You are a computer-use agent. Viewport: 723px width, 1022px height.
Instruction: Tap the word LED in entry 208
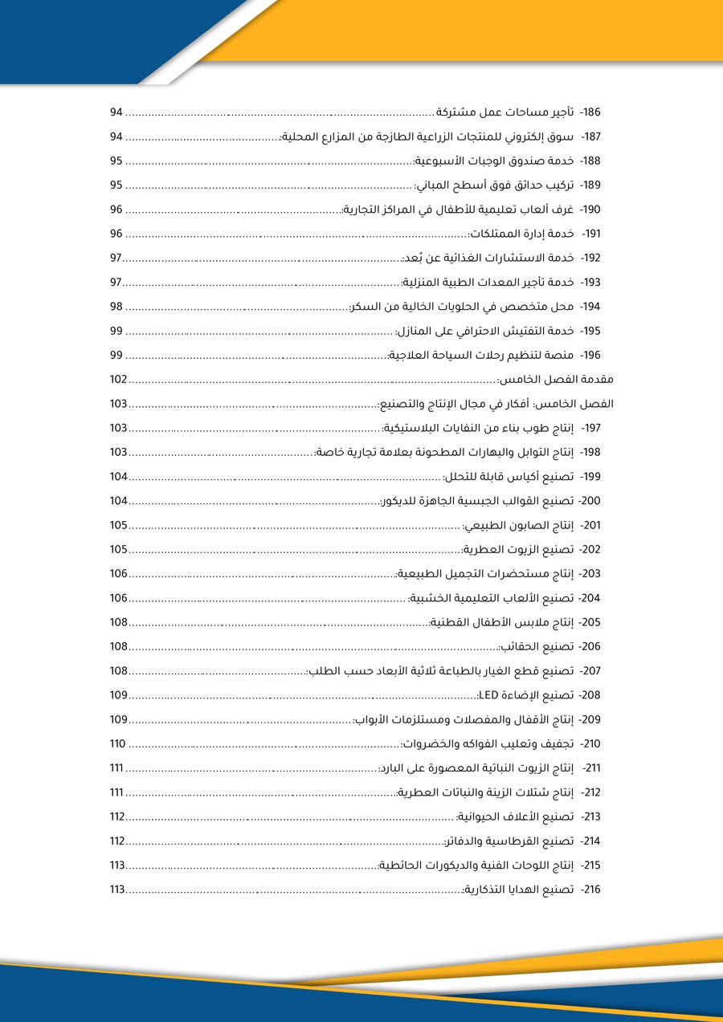488,694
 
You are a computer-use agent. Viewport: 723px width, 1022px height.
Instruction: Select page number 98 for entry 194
116,307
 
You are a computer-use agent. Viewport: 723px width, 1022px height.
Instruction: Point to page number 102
119,380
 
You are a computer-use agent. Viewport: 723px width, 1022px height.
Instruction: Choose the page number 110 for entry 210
118,743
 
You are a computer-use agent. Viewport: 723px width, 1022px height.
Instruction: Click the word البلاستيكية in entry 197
411,428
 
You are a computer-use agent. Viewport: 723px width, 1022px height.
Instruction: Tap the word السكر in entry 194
363,307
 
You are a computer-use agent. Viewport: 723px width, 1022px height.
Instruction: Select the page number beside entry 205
119,622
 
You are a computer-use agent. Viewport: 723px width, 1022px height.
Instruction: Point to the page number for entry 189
116,185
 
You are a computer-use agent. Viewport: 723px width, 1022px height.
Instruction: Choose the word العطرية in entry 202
484,549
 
